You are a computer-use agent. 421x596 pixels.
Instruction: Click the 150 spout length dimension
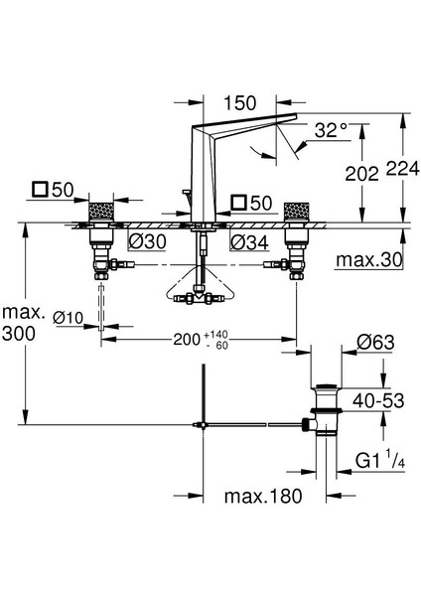pos(239,103)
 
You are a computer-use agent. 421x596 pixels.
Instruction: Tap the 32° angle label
pos(331,130)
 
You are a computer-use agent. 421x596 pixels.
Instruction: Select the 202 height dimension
pos(361,174)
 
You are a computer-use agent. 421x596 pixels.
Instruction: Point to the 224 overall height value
pos(403,169)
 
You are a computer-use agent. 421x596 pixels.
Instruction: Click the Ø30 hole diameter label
pos(147,241)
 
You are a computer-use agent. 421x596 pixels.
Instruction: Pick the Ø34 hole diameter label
pos(249,242)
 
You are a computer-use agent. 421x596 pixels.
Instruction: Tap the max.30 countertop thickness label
pos(369,260)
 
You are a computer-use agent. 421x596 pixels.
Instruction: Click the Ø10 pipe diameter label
pos(68,317)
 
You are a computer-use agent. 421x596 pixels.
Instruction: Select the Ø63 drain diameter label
pos(375,343)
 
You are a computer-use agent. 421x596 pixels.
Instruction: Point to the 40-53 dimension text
pos(378,400)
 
